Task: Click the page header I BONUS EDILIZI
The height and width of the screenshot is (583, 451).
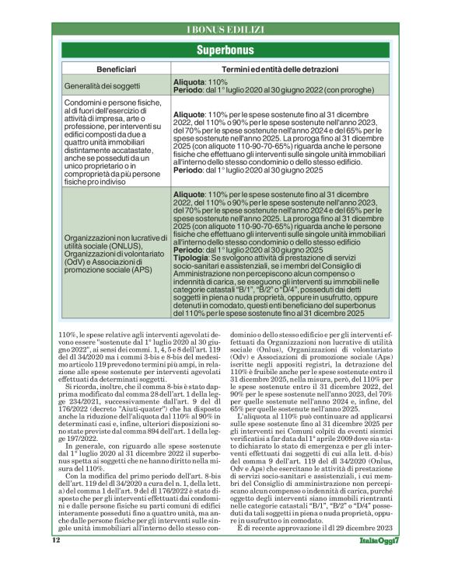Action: pos(226,29)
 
